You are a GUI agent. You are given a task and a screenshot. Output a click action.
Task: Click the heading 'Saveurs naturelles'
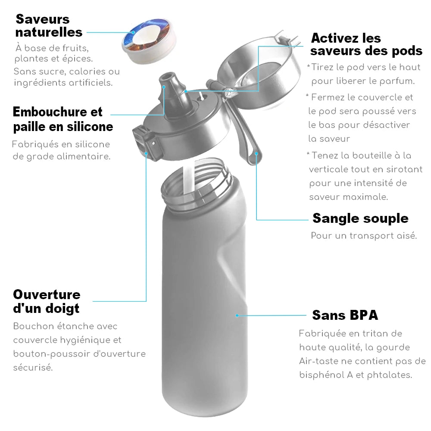pos(49,25)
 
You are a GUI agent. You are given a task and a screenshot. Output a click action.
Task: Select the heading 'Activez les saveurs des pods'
pos(366,44)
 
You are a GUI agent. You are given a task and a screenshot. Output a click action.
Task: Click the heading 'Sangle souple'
pos(360,219)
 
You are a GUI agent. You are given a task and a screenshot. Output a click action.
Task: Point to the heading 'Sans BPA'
pos(345,315)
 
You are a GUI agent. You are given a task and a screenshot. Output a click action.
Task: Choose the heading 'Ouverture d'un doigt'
pos(47,302)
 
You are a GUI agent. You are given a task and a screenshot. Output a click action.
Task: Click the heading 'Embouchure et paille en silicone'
pos(63,119)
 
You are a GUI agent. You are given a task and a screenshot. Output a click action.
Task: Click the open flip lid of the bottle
pos(258,70)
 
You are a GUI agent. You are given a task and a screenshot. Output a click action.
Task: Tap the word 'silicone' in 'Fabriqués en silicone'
pos(92,144)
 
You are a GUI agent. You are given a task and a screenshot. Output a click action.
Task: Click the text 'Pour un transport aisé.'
pos(364,236)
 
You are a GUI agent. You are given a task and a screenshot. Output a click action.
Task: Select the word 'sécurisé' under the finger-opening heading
pos(33,368)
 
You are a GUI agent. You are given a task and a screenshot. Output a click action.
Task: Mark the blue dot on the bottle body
pos(237,315)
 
